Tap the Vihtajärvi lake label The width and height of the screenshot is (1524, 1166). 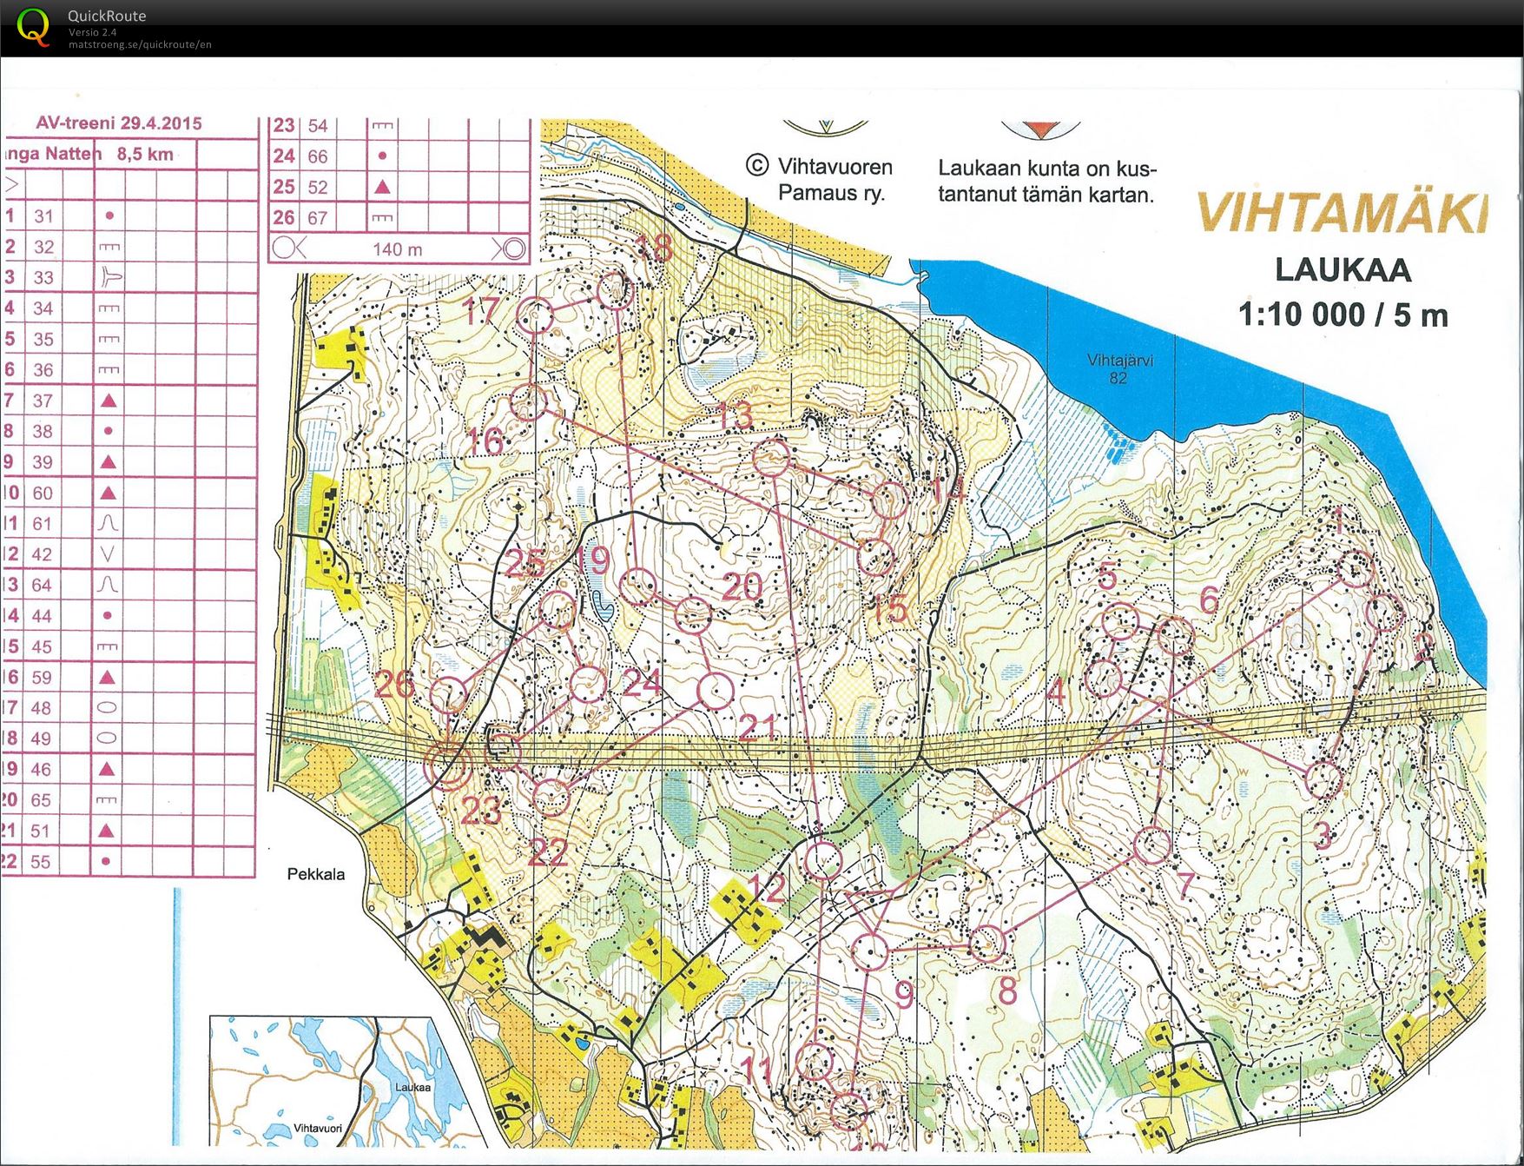pos(1119,368)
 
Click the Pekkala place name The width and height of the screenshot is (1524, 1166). pos(316,874)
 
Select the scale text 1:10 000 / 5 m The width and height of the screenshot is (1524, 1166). pos(1343,315)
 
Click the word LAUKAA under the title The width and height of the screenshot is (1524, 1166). pos(1343,270)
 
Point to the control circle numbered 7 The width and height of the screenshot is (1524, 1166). pos(1153,845)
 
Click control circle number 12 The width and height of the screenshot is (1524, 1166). pos(822,860)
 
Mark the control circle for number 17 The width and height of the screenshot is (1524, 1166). pos(535,316)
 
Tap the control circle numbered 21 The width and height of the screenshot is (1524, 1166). pos(716,692)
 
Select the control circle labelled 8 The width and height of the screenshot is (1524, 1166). pos(986,944)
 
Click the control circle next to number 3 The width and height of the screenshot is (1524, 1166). pos(1323,778)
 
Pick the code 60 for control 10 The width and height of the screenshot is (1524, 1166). pos(43,493)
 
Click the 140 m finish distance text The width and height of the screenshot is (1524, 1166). pos(398,249)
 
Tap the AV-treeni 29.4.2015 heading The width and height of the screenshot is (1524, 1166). pos(119,123)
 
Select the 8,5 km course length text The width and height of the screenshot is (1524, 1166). pos(145,155)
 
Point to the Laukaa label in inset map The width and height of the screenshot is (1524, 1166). pos(412,1087)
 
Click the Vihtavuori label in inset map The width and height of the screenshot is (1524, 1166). pos(318,1128)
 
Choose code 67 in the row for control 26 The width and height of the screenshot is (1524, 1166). pos(318,218)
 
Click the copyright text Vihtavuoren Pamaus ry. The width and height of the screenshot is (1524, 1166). pos(821,179)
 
